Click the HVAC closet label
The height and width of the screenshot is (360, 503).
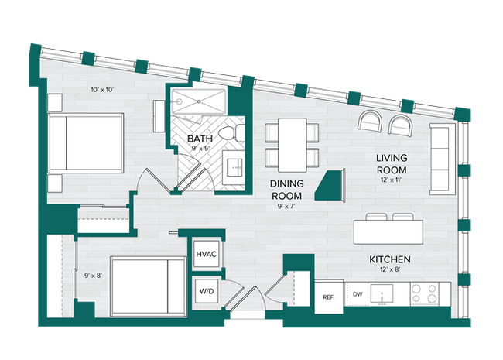[206, 254]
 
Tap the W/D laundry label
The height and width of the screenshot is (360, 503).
[206, 291]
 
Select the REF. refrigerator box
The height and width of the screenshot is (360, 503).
[327, 297]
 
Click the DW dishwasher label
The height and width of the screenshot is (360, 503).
[357, 293]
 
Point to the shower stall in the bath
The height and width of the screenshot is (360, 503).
[197, 102]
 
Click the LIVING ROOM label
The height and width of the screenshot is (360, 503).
[391, 163]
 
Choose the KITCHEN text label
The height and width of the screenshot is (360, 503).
[389, 260]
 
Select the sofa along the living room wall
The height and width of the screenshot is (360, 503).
[441, 159]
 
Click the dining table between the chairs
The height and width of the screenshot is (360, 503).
[291, 145]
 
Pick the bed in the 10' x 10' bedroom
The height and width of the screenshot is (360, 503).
[85, 144]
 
